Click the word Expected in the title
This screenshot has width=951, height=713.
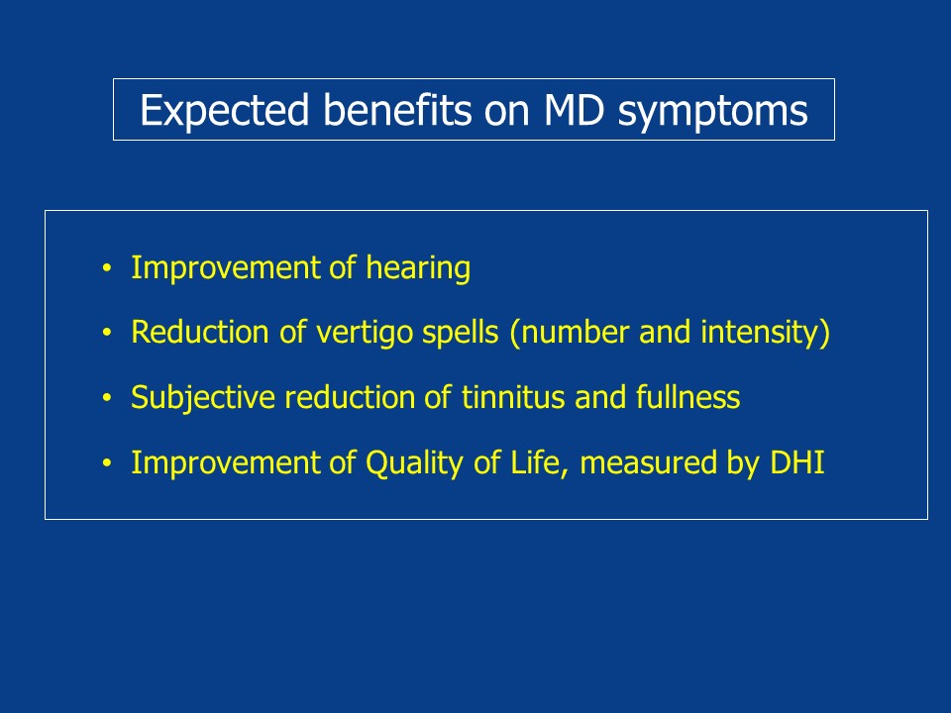pyautogui.click(x=225, y=110)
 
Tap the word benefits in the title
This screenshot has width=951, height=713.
pyautogui.click(x=397, y=110)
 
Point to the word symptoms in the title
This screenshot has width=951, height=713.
pyautogui.click(x=712, y=113)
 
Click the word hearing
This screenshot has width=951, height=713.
pyautogui.click(x=418, y=268)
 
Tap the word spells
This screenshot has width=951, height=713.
pyautogui.click(x=461, y=333)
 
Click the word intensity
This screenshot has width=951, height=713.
pyautogui.click(x=760, y=333)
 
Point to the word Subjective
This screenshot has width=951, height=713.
pyautogui.click(x=203, y=398)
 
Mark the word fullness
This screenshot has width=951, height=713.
pyautogui.click(x=687, y=397)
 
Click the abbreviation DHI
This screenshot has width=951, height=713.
pyautogui.click(x=796, y=462)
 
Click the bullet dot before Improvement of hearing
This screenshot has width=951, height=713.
pyautogui.click(x=107, y=267)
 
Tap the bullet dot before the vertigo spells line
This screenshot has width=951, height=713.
pyautogui.click(x=107, y=333)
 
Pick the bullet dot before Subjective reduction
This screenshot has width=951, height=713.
pyautogui.click(x=107, y=398)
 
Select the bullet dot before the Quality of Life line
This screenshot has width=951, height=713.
pyautogui.click(x=107, y=462)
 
